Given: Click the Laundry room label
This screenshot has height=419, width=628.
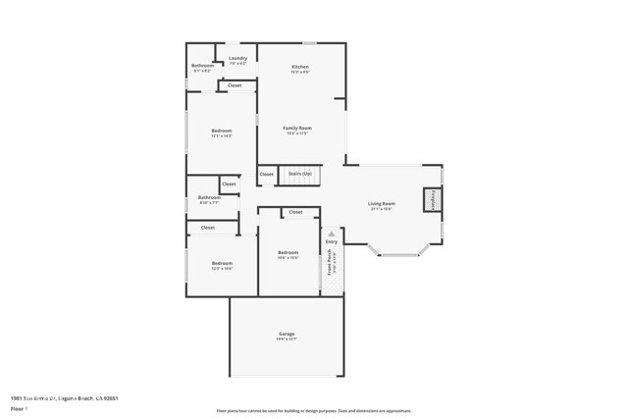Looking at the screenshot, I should [x=237, y=58].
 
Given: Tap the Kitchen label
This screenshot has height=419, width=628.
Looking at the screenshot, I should [x=300, y=67].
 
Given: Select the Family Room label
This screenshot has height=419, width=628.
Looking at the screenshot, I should [x=297, y=129].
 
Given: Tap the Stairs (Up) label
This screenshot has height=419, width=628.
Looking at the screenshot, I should [x=300, y=175].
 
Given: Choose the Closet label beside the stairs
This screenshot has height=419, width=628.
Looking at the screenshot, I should [x=267, y=175].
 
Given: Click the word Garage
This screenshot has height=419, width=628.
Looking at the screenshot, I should [x=286, y=335].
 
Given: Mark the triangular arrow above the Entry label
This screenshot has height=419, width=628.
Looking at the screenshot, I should [x=331, y=235].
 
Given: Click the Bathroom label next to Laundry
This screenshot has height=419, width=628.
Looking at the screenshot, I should [x=202, y=66].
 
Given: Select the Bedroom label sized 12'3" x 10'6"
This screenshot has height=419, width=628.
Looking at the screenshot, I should [x=222, y=263].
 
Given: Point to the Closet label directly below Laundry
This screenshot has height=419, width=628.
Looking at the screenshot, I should [x=235, y=85].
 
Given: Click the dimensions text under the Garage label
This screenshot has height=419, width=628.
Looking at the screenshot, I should [x=286, y=340].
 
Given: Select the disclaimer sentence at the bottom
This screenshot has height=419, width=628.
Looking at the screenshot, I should [x=314, y=411].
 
